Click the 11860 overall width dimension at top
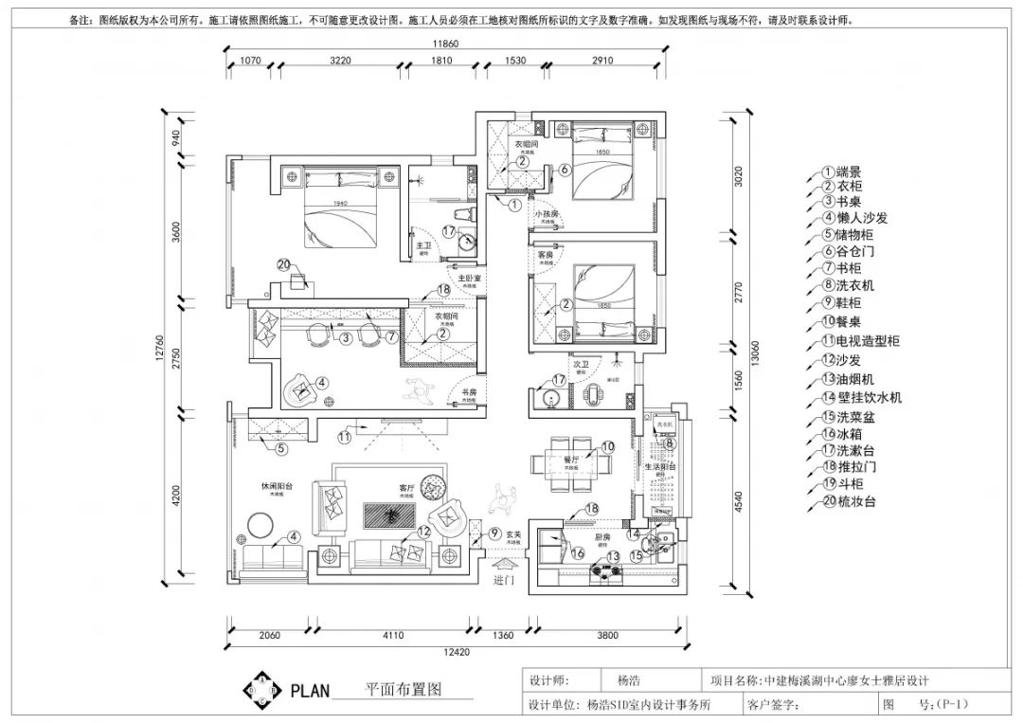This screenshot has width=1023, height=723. [x=445, y=45]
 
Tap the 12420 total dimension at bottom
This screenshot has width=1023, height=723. [x=458, y=652]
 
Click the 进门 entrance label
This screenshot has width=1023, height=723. [x=503, y=581]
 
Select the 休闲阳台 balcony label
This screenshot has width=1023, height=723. [x=277, y=486]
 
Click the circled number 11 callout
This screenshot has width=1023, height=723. [x=345, y=437]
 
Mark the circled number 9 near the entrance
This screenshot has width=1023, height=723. [x=494, y=534]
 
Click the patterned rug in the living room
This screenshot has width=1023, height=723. [x=388, y=515]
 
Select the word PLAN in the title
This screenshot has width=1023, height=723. [x=310, y=690]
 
